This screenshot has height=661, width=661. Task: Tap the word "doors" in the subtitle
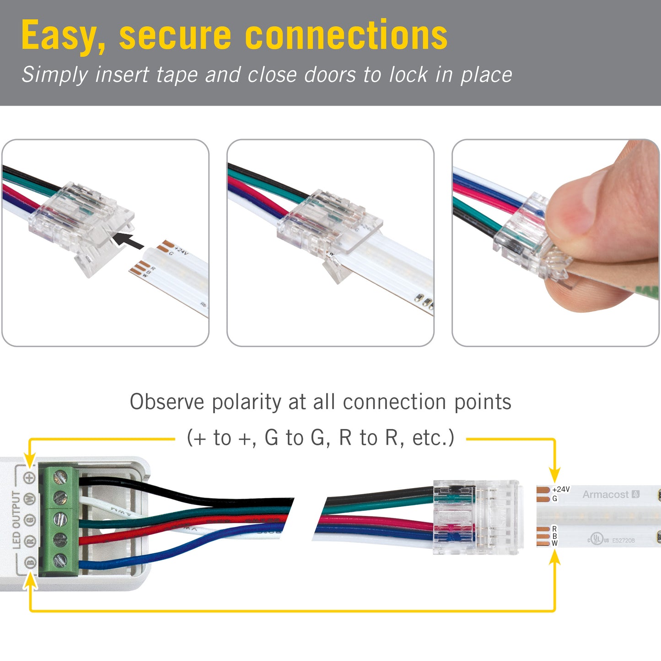coord(330,75)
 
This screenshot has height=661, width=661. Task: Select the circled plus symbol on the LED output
coord(30,478)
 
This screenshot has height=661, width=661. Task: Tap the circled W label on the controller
coord(30,499)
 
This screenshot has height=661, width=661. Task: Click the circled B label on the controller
coord(30,562)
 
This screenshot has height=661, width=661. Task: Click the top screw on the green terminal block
coord(60,478)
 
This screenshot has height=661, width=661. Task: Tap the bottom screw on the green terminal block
coord(60,560)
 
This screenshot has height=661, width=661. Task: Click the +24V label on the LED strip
coord(561,489)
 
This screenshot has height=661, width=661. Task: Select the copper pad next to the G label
coord(543,499)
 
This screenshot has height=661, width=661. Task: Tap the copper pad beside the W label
coord(543,543)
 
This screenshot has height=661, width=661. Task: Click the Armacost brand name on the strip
coord(605,494)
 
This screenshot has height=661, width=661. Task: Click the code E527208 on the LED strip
coord(623,540)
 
